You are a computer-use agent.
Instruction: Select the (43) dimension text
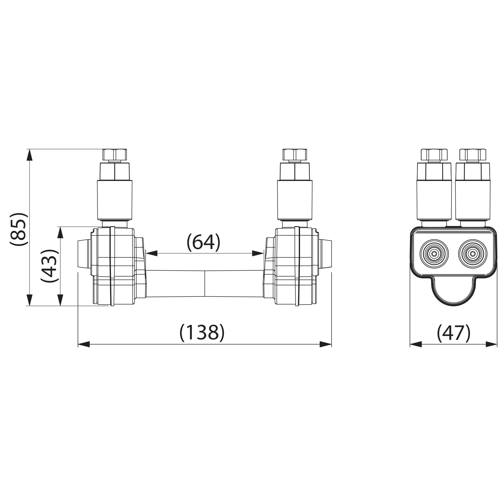tap(50, 266)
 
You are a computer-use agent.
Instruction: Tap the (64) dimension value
tap(203, 242)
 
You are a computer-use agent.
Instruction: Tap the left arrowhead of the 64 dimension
tap(152, 253)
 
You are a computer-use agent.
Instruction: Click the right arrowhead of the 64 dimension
tap(258, 253)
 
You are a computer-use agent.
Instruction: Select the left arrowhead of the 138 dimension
tap(84, 344)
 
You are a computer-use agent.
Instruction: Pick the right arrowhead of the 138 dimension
tap(325, 344)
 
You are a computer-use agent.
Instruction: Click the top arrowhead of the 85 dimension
tap(30, 155)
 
